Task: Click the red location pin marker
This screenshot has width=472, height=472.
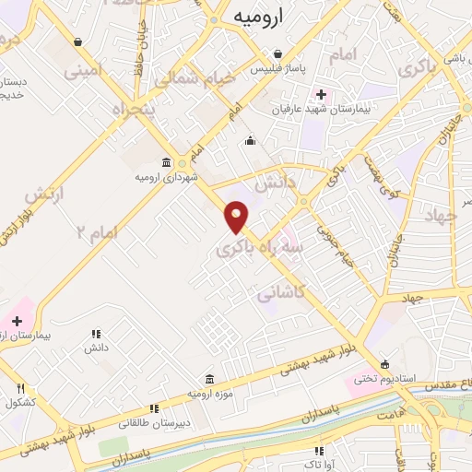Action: point(237,216)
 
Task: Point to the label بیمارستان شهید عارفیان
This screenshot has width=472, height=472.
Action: point(286,109)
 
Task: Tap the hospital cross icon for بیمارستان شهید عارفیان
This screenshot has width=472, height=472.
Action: point(322,94)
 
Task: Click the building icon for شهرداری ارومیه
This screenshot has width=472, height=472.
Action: point(166,160)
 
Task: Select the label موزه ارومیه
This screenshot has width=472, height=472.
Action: point(207,394)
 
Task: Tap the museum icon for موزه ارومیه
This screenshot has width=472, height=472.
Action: point(209,379)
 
